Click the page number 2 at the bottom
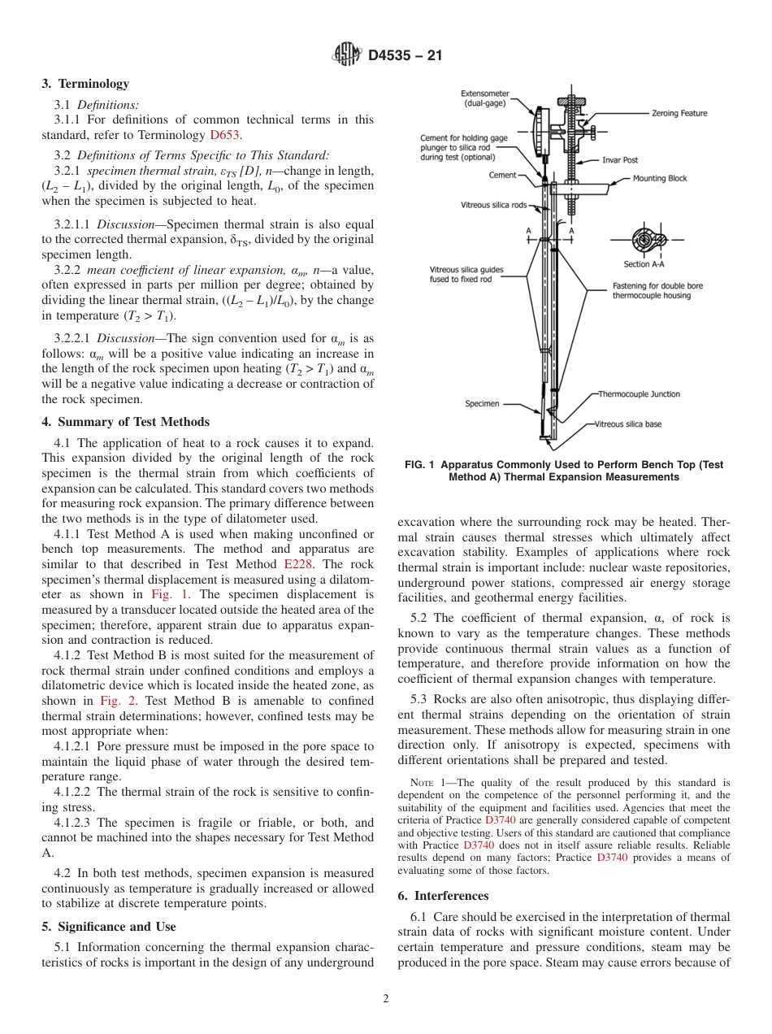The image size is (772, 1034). coord(386,999)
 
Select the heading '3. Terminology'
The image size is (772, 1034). coord(85,84)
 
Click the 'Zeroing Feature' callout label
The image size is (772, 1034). coord(679,113)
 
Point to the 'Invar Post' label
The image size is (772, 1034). coord(621,160)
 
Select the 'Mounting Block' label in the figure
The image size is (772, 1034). coord(660,178)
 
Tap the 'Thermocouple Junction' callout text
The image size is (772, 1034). coord(639,394)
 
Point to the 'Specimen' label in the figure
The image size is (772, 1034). coord(482,403)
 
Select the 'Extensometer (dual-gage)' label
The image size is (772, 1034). coord(484,98)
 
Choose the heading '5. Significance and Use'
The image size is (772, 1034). coord(108,927)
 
